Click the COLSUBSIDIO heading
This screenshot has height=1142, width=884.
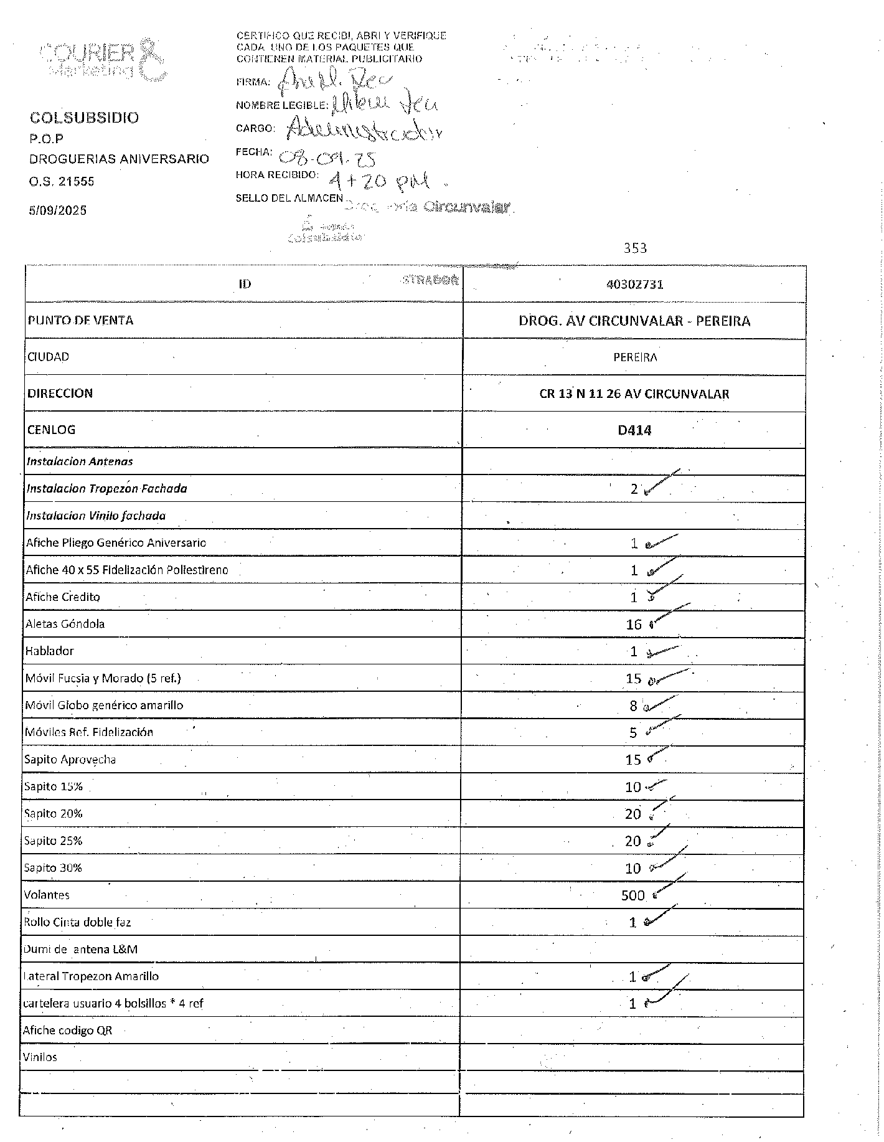point(84,118)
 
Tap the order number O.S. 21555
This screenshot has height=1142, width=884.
point(62,182)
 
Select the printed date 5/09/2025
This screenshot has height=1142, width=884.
point(58,210)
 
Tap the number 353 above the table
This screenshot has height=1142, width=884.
point(635,248)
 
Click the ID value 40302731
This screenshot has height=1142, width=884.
point(634,285)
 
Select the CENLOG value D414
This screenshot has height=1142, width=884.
point(634,430)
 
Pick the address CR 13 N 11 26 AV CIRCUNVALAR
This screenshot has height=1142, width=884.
point(634,394)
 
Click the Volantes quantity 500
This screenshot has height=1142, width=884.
point(632,895)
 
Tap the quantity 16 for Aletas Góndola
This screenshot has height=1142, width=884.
point(633,625)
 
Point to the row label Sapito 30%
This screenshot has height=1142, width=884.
point(53,868)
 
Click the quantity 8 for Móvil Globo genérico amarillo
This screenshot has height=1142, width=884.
point(633,705)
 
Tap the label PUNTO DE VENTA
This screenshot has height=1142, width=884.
point(80,321)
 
